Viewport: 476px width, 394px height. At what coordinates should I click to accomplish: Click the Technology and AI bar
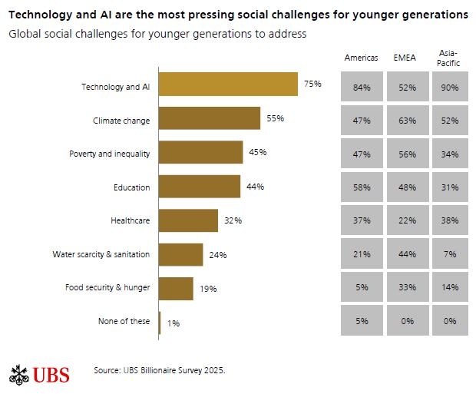pyautogui.click(x=228, y=85)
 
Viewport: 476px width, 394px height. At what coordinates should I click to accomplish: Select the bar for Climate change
pyautogui.click(x=210, y=119)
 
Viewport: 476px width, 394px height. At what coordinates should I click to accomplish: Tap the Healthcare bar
pyautogui.click(x=188, y=220)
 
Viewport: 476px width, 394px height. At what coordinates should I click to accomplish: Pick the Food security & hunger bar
pyautogui.click(x=176, y=288)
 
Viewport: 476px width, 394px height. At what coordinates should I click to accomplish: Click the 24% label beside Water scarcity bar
pyautogui.click(x=217, y=255)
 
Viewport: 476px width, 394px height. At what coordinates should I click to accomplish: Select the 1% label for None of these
pyautogui.click(x=174, y=323)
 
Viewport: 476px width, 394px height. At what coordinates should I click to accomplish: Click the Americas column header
pyautogui.click(x=362, y=58)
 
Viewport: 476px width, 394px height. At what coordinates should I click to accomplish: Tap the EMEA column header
pyautogui.click(x=405, y=58)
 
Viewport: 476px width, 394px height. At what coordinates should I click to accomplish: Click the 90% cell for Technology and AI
pyautogui.click(x=450, y=88)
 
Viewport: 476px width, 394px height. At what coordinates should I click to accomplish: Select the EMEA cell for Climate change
pyautogui.click(x=405, y=121)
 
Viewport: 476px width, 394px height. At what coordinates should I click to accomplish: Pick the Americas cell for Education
pyautogui.click(x=362, y=187)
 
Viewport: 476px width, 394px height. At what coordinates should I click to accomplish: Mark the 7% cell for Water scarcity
pyautogui.click(x=450, y=254)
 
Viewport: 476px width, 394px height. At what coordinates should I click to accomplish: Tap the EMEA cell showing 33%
pyautogui.click(x=405, y=287)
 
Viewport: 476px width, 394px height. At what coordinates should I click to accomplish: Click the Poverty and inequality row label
pyautogui.click(x=110, y=154)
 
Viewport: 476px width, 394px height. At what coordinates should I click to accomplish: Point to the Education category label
pyautogui.click(x=132, y=187)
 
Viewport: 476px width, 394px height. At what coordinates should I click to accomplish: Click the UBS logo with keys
pyautogui.click(x=39, y=374)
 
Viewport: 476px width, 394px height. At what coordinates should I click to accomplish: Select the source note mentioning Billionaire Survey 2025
pyautogui.click(x=160, y=370)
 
